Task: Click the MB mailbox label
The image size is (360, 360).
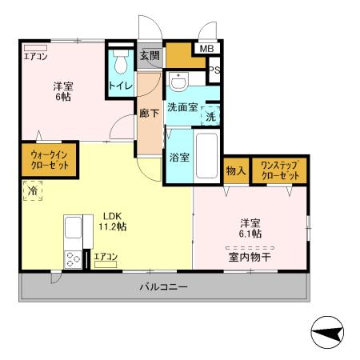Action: click(x=206, y=48)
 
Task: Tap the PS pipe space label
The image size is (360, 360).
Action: click(x=214, y=70)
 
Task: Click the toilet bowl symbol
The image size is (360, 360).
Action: click(x=121, y=62)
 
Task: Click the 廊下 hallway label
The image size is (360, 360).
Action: click(x=149, y=113)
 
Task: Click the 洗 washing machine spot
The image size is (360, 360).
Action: click(x=210, y=115)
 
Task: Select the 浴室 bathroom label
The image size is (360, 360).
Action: click(x=178, y=157)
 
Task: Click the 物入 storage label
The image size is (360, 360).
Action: click(x=235, y=170)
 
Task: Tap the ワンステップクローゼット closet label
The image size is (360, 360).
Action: click(x=279, y=170)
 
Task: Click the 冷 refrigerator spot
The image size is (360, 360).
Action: click(x=33, y=191)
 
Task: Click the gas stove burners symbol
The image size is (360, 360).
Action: click(x=74, y=259)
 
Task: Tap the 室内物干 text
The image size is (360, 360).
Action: click(x=250, y=257)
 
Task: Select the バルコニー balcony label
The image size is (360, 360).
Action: click(x=162, y=286)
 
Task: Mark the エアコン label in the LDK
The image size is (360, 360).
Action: click(x=106, y=257)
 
